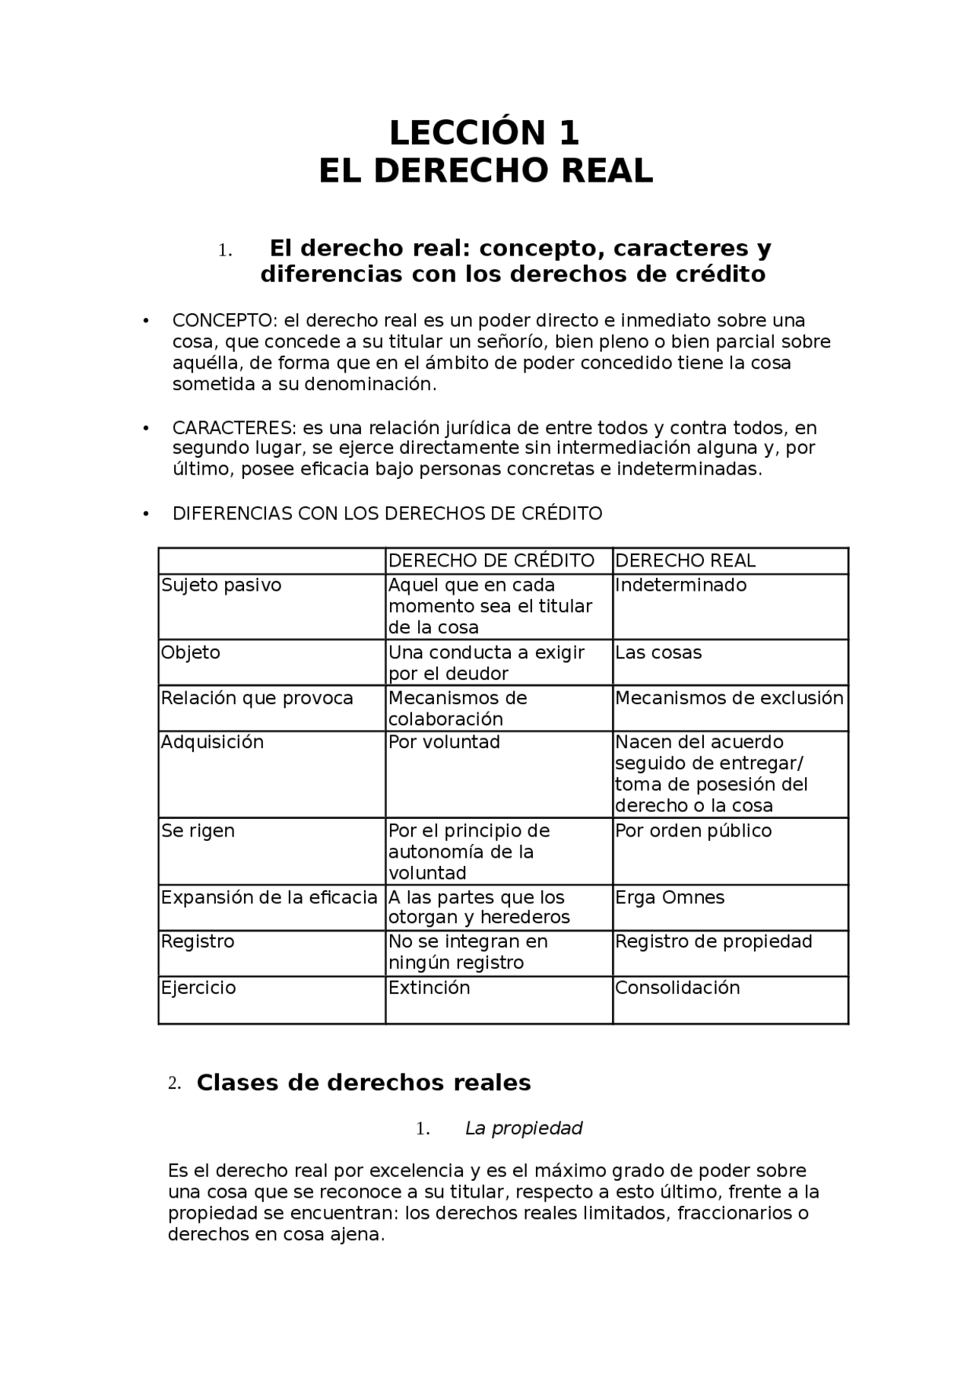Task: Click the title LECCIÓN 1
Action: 484,133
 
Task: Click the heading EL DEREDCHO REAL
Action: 486,171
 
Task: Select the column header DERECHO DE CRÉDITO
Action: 491,560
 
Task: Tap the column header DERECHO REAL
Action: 685,560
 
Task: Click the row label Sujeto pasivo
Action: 221,585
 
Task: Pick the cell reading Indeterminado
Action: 680,585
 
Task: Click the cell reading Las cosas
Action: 658,652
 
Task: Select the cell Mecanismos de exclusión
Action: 729,698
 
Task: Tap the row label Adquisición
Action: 212,742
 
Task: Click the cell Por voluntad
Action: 444,742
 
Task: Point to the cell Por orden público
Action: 693,830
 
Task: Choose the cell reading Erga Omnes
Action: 670,897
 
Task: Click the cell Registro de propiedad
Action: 713,941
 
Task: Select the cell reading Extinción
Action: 429,988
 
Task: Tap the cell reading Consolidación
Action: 677,988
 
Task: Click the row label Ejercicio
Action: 198,988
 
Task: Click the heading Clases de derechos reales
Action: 363,1083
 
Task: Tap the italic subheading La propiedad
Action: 524,1128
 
